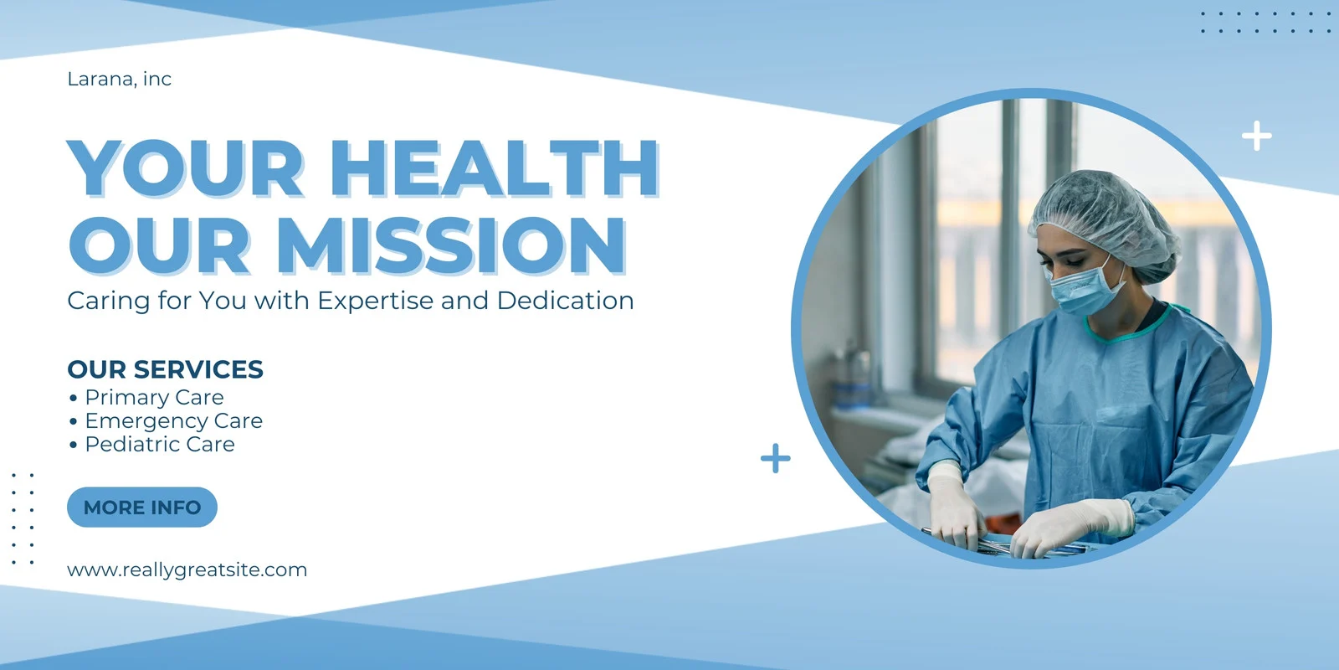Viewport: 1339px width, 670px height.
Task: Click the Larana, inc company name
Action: click(x=119, y=79)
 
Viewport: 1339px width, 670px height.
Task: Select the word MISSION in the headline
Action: click(x=451, y=246)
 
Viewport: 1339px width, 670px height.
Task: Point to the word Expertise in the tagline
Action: click(x=376, y=301)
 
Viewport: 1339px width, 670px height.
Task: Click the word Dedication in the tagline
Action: click(x=565, y=301)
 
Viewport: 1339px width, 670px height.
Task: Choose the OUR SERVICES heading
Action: click(x=165, y=369)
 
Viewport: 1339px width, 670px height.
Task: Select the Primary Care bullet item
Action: click(x=154, y=397)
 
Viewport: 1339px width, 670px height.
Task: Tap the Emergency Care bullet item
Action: click(x=173, y=421)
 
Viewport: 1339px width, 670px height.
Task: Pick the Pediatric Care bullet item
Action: click(x=160, y=445)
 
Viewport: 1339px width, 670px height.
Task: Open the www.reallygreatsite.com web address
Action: click(x=187, y=570)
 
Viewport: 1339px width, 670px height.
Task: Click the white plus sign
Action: click(x=1256, y=136)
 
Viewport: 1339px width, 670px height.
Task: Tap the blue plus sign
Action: click(x=775, y=459)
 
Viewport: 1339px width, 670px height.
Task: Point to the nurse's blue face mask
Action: click(x=1085, y=290)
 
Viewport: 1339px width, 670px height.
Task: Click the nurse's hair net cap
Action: click(x=1105, y=223)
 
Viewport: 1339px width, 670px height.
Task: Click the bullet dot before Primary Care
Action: click(x=73, y=398)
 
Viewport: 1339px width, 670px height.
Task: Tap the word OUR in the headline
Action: click(x=158, y=246)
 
